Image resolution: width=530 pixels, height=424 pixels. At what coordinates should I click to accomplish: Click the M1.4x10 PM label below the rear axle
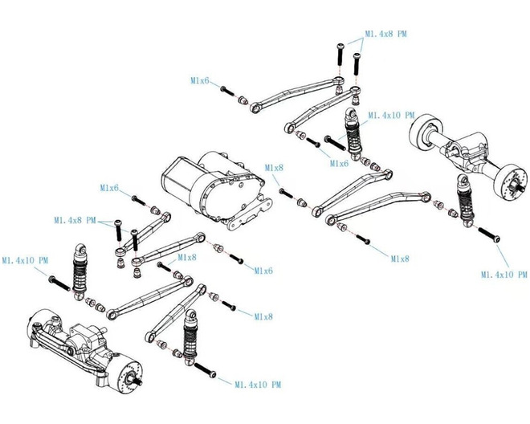tap(503, 275)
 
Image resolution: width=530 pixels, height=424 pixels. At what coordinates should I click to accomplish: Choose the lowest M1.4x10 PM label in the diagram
tap(258, 385)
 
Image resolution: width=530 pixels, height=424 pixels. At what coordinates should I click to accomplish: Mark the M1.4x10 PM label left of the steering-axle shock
tap(24, 260)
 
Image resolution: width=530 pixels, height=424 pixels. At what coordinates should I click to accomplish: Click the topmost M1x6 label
tap(200, 81)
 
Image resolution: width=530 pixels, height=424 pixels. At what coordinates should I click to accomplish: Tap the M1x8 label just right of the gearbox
tap(275, 168)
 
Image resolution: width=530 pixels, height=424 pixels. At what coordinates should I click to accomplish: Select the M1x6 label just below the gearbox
tap(263, 271)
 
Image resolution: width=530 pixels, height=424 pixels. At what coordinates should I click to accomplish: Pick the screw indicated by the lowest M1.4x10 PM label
tap(206, 371)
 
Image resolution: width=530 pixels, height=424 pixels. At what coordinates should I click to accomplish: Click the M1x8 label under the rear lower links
tap(400, 259)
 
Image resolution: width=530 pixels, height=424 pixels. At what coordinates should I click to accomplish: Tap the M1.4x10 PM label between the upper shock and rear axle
tap(391, 116)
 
